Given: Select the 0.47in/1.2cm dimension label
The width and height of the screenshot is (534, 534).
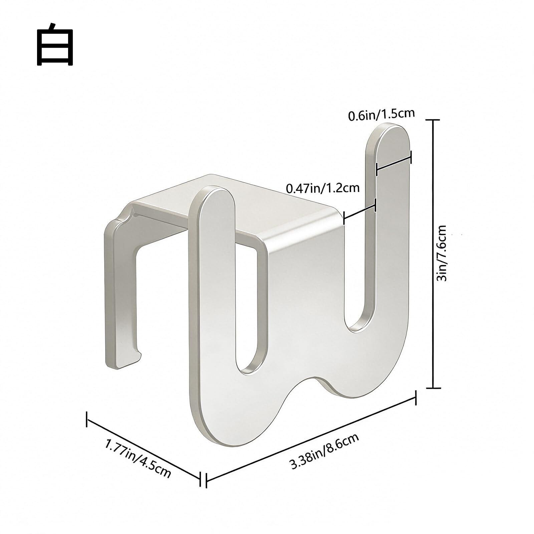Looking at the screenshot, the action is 323,188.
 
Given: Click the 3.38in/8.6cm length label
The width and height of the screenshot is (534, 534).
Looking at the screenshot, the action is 325,446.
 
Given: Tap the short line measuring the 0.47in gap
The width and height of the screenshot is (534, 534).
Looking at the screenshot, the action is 359,212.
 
